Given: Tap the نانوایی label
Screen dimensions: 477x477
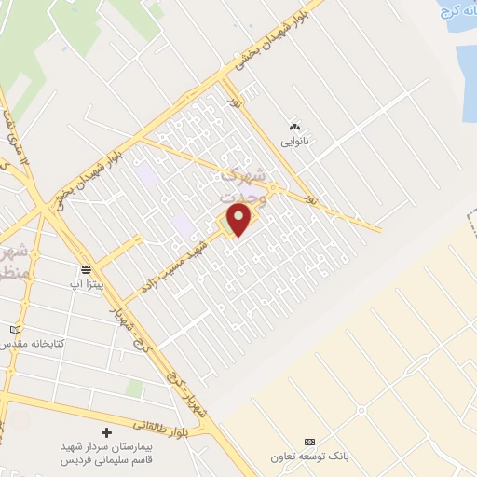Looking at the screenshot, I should coord(294,143).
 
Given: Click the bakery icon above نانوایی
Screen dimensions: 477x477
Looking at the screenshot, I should coord(294,128).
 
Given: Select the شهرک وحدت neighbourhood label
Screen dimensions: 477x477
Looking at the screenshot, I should coord(244,185).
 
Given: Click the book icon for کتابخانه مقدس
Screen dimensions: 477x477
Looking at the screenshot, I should coord(14,330).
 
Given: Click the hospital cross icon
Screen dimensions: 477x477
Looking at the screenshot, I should coord(106,433).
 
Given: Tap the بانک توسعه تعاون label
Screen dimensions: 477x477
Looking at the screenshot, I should coord(310,457).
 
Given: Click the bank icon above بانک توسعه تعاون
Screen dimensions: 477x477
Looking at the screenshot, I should coord(310,442).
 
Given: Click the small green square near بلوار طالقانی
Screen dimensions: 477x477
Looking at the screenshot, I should coord(134,387).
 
